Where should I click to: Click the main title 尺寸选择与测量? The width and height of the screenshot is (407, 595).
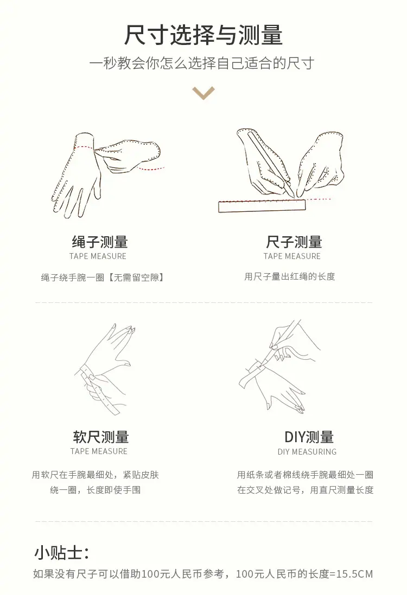203,35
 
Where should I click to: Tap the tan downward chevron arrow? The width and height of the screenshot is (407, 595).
203,93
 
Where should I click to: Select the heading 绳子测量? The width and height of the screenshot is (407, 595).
100,242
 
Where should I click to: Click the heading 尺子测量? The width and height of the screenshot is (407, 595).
294,242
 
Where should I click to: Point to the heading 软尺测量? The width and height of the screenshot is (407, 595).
101,437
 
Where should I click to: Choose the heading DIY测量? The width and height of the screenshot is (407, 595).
309,437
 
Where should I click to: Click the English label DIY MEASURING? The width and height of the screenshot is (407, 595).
307,451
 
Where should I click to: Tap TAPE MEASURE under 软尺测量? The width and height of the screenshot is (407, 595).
99,451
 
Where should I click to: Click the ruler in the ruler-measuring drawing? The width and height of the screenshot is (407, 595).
262,206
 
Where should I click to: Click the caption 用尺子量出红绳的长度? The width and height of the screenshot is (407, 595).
290,276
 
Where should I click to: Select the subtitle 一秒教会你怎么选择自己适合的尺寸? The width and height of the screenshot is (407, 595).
202,63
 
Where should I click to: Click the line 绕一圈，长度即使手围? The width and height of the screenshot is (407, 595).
95,490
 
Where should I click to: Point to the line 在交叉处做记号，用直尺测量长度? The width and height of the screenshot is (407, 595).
305,490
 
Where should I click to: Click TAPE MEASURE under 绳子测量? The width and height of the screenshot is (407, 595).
98,256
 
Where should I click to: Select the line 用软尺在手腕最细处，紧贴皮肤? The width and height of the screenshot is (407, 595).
95,475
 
